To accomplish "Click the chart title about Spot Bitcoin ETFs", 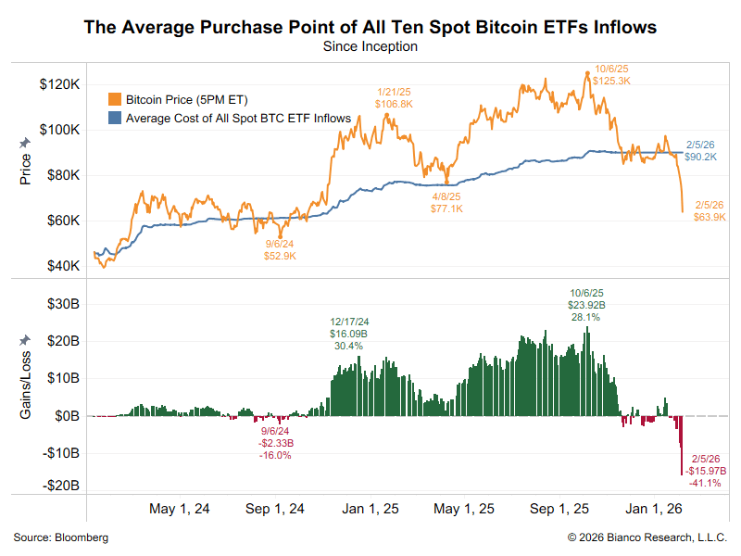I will [370, 27].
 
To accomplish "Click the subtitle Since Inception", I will [370, 45].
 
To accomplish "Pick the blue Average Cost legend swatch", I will [116, 118].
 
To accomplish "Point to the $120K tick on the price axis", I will [58, 84].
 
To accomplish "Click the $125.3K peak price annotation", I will [613, 81].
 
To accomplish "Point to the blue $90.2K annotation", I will [700, 158].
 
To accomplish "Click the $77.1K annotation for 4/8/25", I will [448, 209].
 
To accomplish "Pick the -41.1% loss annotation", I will [706, 483].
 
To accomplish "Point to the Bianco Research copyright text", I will [647, 537].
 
